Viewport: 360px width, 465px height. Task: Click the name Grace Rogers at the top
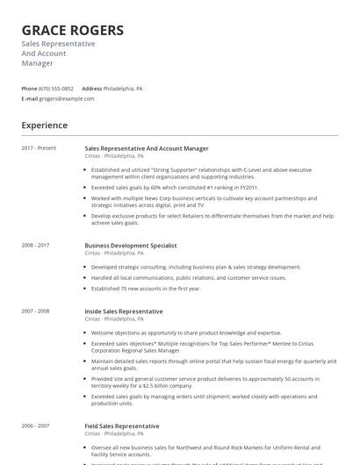click(72, 31)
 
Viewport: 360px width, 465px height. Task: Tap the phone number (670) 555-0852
click(56, 89)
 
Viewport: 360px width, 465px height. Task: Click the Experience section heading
click(45, 125)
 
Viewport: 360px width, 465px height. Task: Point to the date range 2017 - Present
click(39, 148)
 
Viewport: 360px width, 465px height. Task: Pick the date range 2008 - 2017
click(36, 246)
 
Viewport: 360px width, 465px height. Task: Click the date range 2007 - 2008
click(36, 311)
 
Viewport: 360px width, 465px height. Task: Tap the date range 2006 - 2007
click(36, 426)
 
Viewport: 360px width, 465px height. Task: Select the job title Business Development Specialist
click(131, 246)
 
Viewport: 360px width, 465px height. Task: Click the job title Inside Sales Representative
click(124, 311)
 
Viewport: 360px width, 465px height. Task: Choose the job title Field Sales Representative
click(122, 426)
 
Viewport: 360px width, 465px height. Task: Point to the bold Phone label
click(29, 89)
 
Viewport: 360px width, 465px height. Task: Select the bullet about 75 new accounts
click(146, 289)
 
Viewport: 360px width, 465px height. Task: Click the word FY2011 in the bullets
click(245, 187)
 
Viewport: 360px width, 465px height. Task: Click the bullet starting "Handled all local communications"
click(188, 278)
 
